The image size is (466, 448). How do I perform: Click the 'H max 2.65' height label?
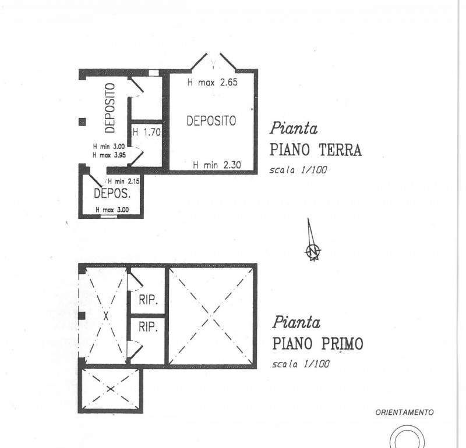(x=213, y=83)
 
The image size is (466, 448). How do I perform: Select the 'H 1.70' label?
(x=146, y=132)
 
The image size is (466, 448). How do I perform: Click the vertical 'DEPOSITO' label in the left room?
(x=110, y=108)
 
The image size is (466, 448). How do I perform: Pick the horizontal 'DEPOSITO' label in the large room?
(x=211, y=121)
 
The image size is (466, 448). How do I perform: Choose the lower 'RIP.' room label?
(x=149, y=328)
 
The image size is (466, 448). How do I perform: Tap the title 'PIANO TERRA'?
(x=316, y=151)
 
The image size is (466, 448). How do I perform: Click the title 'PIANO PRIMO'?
(x=317, y=344)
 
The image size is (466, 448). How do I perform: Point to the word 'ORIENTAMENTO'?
(x=404, y=412)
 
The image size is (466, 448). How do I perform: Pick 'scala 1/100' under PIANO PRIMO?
(x=301, y=365)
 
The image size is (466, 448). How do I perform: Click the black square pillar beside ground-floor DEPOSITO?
(x=82, y=122)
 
